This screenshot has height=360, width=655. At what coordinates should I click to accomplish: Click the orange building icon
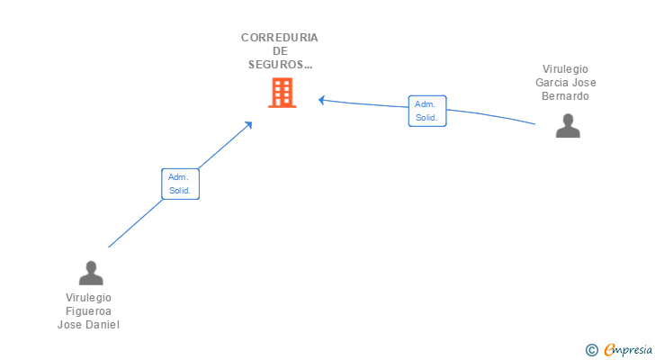click(282, 93)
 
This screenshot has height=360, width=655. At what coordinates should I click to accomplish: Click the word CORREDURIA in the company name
click(280, 38)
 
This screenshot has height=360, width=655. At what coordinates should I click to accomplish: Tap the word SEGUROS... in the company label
click(280, 65)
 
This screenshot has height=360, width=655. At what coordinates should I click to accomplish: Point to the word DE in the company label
click(280, 51)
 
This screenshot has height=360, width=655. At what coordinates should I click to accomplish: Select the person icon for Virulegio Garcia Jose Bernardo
click(568, 126)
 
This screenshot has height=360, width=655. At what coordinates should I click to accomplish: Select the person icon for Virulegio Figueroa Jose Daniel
click(91, 273)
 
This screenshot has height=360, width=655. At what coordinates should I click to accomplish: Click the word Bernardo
click(566, 96)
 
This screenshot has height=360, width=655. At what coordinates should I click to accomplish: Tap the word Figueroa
click(88, 311)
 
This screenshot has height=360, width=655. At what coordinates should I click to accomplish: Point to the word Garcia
click(554, 83)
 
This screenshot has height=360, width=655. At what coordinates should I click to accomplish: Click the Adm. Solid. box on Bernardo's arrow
click(426, 111)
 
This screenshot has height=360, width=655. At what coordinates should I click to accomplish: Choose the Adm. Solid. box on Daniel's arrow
click(180, 184)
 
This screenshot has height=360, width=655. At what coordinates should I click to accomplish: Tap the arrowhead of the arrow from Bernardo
click(322, 100)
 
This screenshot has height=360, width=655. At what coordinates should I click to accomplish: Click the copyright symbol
click(591, 349)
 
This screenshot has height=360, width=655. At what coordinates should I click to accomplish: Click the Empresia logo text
click(626, 349)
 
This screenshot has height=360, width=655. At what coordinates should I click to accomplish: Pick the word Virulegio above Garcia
click(566, 69)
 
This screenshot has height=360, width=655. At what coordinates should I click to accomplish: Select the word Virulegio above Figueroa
click(88, 298)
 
